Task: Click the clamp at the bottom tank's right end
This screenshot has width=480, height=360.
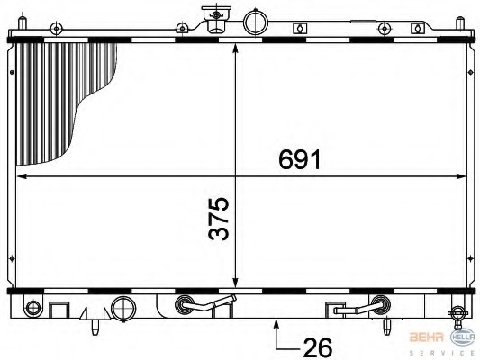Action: pyautogui.click(x=458, y=314)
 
